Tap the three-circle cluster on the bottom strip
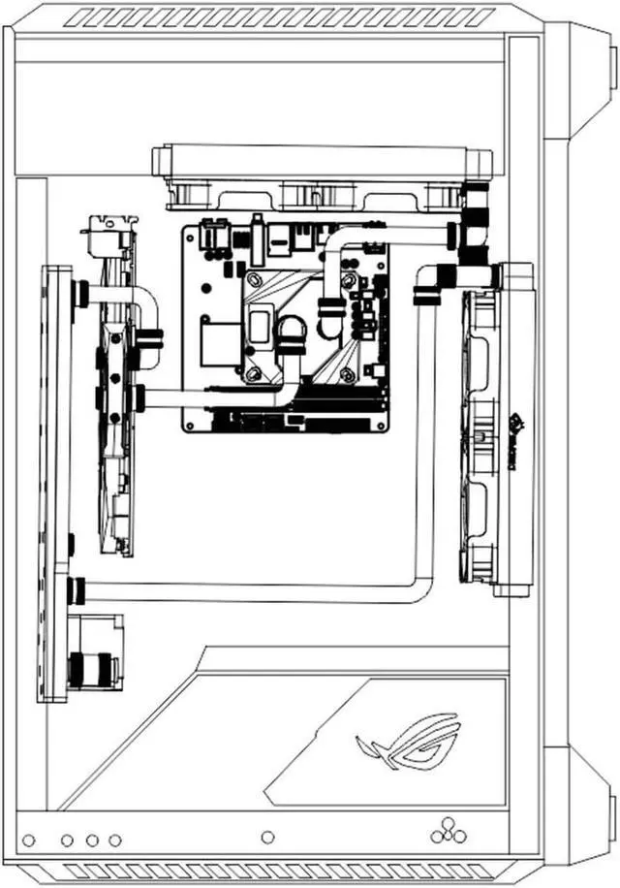[x=447, y=831]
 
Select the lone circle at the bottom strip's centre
[x=268, y=837]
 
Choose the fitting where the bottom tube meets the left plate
[x=77, y=589]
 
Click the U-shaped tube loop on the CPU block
[x=290, y=334]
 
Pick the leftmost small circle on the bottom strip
[x=29, y=840]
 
